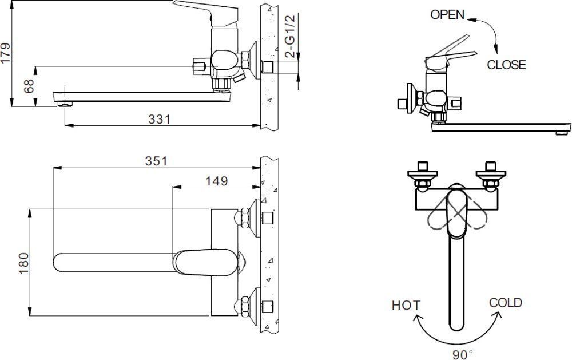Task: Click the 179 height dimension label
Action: [x=6, y=54]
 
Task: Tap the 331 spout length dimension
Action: [x=160, y=119]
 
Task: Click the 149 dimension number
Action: [x=216, y=181]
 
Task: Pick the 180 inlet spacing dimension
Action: [x=23, y=262]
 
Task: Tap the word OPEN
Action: [x=447, y=15]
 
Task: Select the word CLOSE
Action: [x=506, y=65]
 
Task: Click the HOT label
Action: [x=406, y=305]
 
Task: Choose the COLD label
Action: [x=505, y=303]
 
